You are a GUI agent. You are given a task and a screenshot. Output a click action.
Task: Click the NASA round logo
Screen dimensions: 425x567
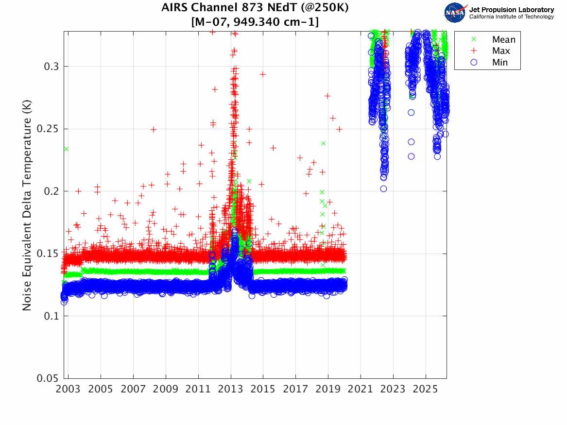(455, 13)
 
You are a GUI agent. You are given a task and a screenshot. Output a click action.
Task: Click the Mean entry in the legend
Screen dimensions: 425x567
(503, 40)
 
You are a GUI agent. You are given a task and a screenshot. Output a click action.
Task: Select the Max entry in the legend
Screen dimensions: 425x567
(501, 51)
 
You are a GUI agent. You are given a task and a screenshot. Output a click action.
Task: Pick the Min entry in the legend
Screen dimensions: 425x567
(500, 62)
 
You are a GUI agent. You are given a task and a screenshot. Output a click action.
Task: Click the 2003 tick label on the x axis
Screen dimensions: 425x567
(69, 390)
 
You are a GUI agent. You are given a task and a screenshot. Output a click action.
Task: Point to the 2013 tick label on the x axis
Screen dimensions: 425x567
(231, 390)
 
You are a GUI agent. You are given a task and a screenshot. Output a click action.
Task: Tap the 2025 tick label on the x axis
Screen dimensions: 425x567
(426, 390)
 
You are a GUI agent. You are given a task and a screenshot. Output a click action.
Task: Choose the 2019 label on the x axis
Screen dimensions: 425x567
(328, 390)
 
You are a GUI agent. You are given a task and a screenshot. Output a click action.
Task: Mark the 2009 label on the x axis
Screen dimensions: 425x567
(166, 390)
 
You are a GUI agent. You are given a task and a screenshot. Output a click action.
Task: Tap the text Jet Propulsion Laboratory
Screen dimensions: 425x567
(512, 10)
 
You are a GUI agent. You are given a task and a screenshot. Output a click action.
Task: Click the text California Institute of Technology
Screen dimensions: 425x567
(512, 17)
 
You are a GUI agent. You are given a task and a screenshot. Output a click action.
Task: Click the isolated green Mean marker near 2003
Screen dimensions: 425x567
(66, 149)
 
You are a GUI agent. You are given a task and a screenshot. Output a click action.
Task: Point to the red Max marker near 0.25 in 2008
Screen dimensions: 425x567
(153, 130)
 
